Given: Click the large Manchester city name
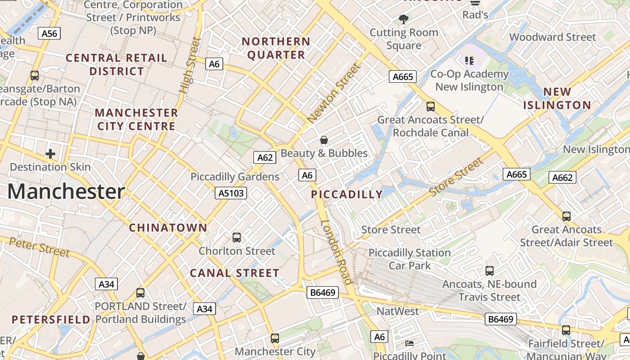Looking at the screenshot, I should tap(66, 192).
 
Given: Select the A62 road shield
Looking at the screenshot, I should tap(265, 157).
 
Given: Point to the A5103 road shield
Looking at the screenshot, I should tap(230, 193).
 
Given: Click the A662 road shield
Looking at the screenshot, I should tap(562, 177).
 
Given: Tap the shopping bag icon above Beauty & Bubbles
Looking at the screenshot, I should tap(324, 140).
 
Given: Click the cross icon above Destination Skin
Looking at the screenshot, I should tap(50, 154).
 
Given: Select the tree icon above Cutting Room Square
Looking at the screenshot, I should tap(404, 19).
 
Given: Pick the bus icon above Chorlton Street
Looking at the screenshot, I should tap(236, 237).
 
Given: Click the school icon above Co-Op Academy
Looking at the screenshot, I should tap(469, 60).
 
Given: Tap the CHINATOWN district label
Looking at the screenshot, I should tap(168, 228).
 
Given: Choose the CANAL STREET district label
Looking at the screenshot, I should tap(234, 273).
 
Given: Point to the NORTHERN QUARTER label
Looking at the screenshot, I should tap(276, 48).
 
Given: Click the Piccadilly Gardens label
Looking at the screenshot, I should tap(235, 177).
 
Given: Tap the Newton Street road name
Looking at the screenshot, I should tap(334, 93).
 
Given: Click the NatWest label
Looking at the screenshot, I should tap(397, 311).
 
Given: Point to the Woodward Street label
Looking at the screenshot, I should tap(553, 37).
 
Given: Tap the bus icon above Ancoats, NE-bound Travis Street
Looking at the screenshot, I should tap(490, 271).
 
